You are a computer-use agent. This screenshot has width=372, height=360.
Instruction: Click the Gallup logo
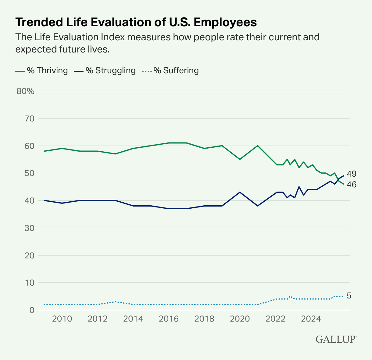336,339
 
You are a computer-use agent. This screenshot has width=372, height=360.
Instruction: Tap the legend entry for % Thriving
42,71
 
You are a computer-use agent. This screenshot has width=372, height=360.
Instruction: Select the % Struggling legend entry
105,71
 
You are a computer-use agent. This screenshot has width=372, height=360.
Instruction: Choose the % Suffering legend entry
170,71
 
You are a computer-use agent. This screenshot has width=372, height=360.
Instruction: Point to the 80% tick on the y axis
26,91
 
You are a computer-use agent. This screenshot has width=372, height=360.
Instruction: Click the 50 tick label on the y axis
29,173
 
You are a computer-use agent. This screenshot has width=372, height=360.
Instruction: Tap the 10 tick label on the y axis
29,283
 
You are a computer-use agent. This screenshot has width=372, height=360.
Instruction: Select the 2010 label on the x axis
62,319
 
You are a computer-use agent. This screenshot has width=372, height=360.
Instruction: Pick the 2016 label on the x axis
169,319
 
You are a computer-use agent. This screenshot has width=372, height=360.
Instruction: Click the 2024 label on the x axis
311,319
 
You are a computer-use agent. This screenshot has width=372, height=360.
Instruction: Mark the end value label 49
352,174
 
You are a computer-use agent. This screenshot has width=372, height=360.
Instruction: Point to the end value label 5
349,296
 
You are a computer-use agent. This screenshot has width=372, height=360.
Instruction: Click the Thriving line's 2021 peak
258,146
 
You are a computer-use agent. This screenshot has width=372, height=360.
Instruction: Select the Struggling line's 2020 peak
240,192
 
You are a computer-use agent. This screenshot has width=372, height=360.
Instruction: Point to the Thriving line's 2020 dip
240,159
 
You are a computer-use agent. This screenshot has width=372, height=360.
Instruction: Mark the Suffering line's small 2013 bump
115,302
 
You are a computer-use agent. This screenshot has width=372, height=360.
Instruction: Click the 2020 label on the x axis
240,319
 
